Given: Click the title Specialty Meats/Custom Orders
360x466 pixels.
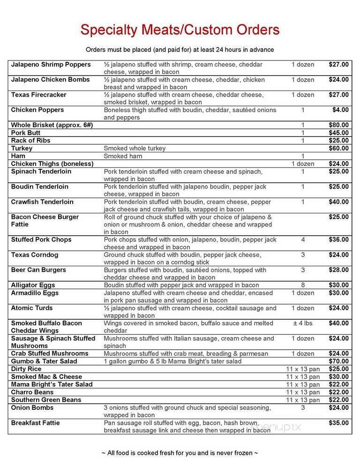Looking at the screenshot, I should tap(180, 30).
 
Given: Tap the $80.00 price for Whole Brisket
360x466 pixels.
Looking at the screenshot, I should tap(338, 125).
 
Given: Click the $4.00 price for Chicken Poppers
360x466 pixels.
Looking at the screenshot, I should tap(341, 110).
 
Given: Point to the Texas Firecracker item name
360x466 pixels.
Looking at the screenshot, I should tap(38, 95).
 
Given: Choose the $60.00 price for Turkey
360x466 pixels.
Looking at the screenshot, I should tap(338, 148).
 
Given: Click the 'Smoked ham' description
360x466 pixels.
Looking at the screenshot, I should tap(122, 156).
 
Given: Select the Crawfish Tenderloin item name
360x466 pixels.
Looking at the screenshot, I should tap(42, 202).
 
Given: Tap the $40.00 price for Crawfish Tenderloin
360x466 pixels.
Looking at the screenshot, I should tap(338, 202).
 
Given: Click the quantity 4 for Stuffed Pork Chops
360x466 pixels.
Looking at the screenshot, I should tap(303, 240).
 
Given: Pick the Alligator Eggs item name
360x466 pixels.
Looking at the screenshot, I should tap(34, 285).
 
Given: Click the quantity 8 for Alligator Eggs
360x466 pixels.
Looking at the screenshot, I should tap(303, 285).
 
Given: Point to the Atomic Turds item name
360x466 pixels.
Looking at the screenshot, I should tap(32, 308).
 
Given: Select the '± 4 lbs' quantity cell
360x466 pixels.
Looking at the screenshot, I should tap(303, 323).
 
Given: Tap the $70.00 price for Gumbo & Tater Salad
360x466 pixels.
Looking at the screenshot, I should tap(338, 361).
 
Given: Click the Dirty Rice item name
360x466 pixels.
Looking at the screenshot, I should tap(26, 369).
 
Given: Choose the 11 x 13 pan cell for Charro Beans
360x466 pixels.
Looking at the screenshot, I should tap(303, 392).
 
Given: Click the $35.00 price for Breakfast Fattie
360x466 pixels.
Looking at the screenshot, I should tap(338, 423).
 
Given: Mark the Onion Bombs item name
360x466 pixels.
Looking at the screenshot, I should tap(32, 407).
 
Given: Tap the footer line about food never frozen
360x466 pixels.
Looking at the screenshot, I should tap(180, 453).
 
